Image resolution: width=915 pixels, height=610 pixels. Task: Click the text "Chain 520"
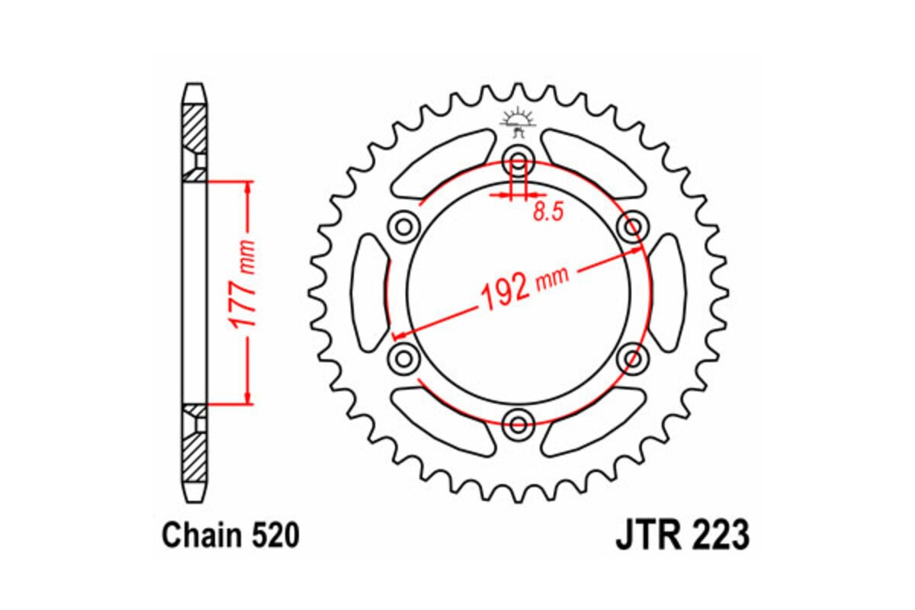[x=229, y=536]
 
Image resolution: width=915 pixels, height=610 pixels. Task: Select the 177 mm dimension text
[x=243, y=294]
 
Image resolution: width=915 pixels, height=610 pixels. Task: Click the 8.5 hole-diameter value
[x=547, y=213]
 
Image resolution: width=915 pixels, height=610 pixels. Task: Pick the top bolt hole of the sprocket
[x=518, y=162]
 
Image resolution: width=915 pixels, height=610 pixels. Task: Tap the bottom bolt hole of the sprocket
[x=518, y=422]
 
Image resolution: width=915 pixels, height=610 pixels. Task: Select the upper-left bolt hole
[x=404, y=226]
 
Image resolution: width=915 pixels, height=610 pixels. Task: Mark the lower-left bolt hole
[x=404, y=357]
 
